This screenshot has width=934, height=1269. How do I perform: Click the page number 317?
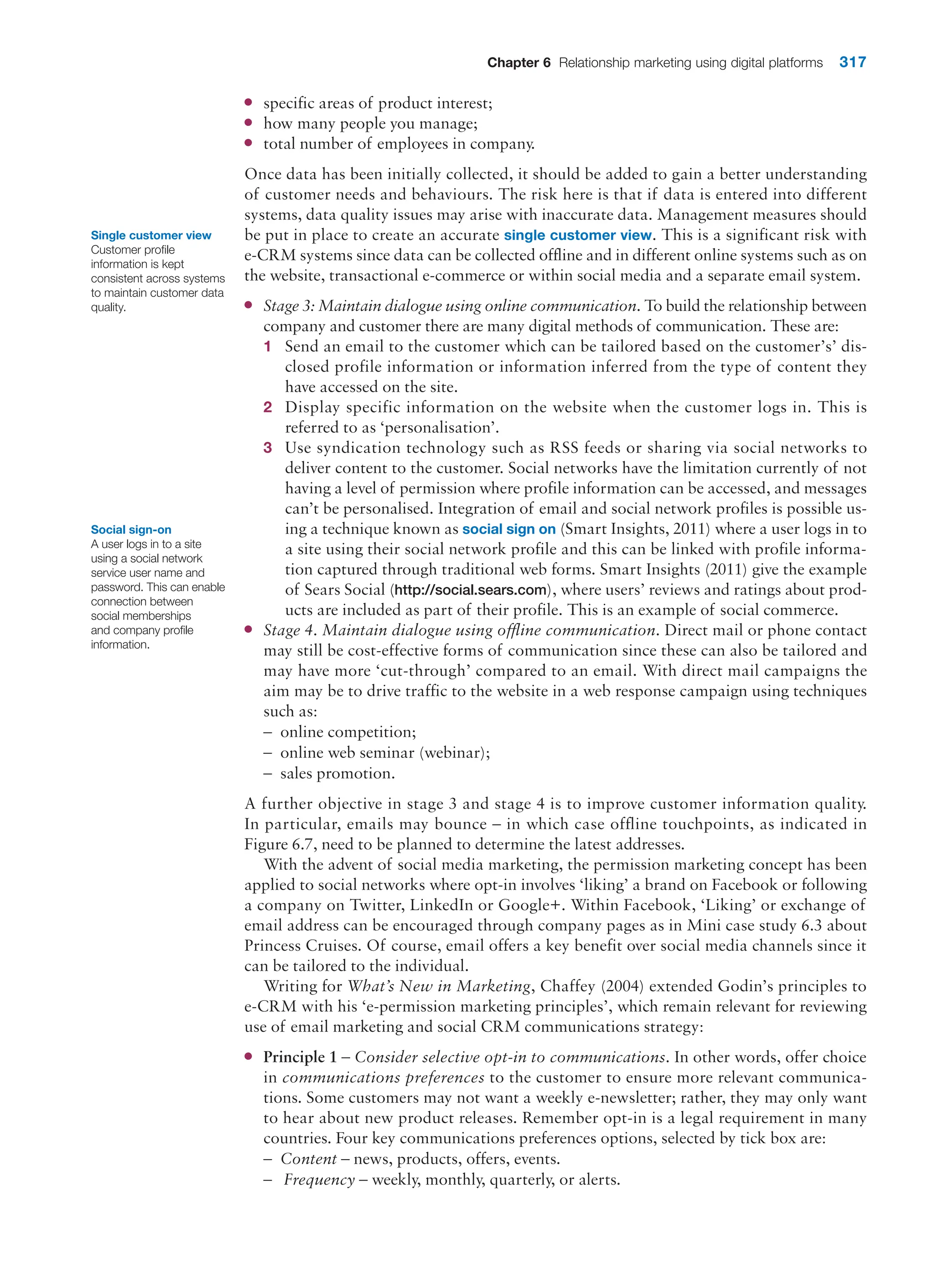click(852, 62)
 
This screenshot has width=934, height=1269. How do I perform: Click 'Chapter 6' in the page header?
click(519, 63)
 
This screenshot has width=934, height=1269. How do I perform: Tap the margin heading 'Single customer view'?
click(151, 235)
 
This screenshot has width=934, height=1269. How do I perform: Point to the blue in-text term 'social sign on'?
click(508, 529)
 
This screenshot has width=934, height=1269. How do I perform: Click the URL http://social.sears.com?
click(470, 590)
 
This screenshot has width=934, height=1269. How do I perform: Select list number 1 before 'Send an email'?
click(267, 347)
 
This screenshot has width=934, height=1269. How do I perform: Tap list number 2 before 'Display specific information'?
click(267, 408)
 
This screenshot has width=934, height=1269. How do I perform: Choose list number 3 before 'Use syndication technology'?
click(267, 448)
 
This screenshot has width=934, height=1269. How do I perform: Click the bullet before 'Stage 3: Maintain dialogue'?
click(248, 305)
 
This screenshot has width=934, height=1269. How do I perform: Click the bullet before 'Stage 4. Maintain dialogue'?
click(248, 630)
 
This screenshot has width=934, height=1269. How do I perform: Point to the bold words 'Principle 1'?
click(300, 1057)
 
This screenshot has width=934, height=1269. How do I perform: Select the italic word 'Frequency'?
click(319, 1180)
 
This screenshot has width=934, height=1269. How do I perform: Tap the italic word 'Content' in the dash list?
click(309, 1159)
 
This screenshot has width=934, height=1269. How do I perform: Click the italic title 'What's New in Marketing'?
click(439, 986)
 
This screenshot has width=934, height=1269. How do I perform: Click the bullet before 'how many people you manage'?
click(248, 123)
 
